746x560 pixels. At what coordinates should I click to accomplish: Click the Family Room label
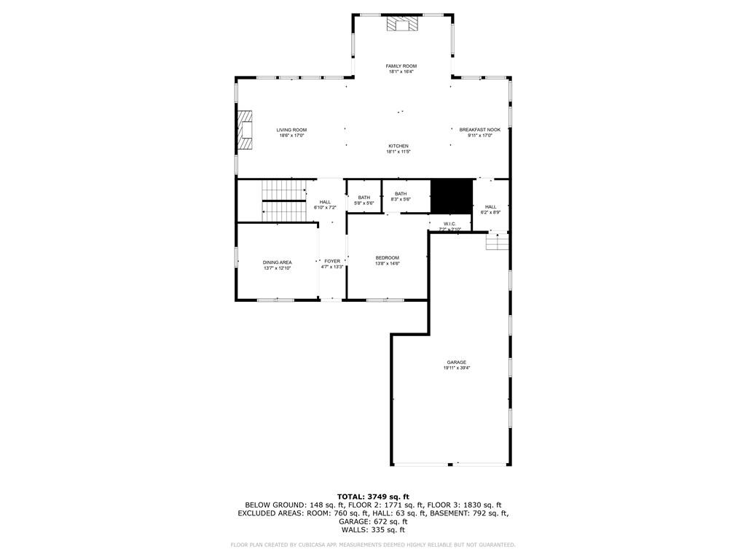point(401,66)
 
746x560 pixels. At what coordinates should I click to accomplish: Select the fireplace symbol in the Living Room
point(246,131)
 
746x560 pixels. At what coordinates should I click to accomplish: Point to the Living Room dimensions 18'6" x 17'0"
point(291,136)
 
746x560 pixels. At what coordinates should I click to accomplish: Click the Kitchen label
point(398,146)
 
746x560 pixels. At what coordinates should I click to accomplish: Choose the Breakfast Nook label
point(479,130)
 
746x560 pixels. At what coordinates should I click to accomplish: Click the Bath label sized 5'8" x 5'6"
point(364,198)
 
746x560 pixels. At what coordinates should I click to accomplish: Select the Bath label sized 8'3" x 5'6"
point(401,193)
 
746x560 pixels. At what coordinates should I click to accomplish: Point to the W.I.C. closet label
point(449,223)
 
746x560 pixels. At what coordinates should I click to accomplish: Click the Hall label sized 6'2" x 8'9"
point(490,207)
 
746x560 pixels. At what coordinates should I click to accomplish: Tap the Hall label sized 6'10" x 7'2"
point(325,202)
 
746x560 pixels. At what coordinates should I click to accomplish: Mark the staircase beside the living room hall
point(283,201)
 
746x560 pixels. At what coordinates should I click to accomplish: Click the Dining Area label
point(278,262)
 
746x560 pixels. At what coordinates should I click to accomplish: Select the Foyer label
point(332,261)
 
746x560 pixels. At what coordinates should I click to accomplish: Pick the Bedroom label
point(387,257)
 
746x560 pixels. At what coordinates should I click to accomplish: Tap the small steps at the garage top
point(498,241)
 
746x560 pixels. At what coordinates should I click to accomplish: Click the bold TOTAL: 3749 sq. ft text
point(373,497)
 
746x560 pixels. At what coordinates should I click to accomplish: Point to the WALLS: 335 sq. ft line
point(373,530)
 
